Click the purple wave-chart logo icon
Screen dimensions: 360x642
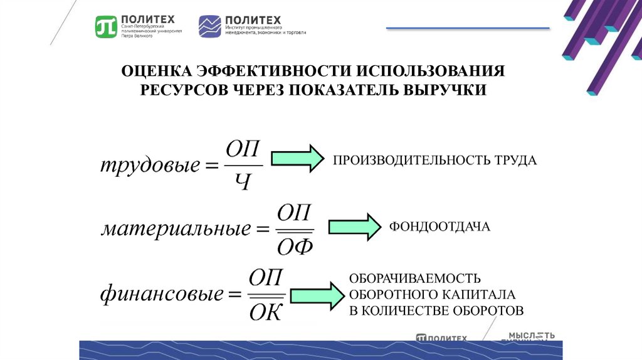click(x=209, y=27)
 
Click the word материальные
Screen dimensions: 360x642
click(x=175, y=229)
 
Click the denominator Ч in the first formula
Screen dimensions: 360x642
click(x=242, y=183)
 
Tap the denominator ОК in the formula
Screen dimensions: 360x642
click(x=266, y=310)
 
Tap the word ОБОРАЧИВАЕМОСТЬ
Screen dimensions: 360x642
click(x=415, y=278)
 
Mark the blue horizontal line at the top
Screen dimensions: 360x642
click(x=468, y=28)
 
